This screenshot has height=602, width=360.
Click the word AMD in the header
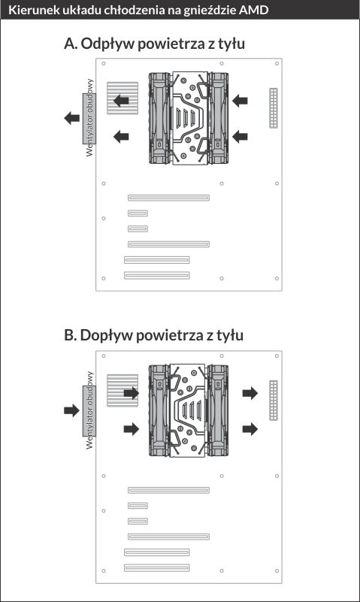click(x=253, y=10)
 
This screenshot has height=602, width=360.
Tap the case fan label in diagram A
click(x=89, y=117)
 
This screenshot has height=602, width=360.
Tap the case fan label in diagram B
click(x=89, y=410)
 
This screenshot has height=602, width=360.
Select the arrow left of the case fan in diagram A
click(x=71, y=118)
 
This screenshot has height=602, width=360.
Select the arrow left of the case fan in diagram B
click(x=71, y=410)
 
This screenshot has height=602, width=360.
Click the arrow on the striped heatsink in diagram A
click(x=121, y=101)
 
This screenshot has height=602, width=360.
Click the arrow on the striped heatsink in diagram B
click(x=132, y=393)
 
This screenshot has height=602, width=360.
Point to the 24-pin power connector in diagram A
click(x=274, y=108)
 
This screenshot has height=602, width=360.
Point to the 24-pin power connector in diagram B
click(x=274, y=401)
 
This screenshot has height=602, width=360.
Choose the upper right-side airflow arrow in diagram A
click(x=240, y=101)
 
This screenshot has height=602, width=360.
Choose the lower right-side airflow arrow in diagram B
click(x=250, y=429)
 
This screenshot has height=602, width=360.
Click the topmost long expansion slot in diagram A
click(x=168, y=198)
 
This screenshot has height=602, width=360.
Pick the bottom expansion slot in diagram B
click(x=156, y=567)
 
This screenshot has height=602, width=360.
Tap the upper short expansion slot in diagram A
click(x=138, y=213)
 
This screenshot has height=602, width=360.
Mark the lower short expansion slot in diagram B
click(x=138, y=521)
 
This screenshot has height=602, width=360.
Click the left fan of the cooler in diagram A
click(x=159, y=118)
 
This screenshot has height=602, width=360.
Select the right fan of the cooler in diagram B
click(x=218, y=410)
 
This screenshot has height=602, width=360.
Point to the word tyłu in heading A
click(x=231, y=44)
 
